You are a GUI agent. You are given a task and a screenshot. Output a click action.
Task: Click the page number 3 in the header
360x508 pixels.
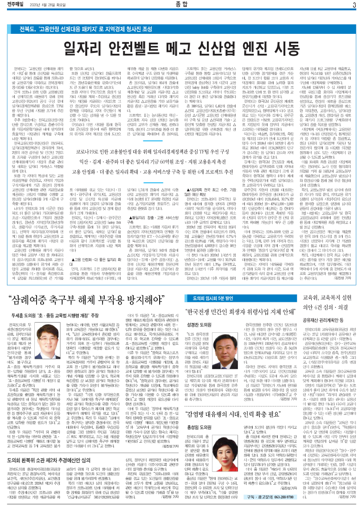[353, 5]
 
